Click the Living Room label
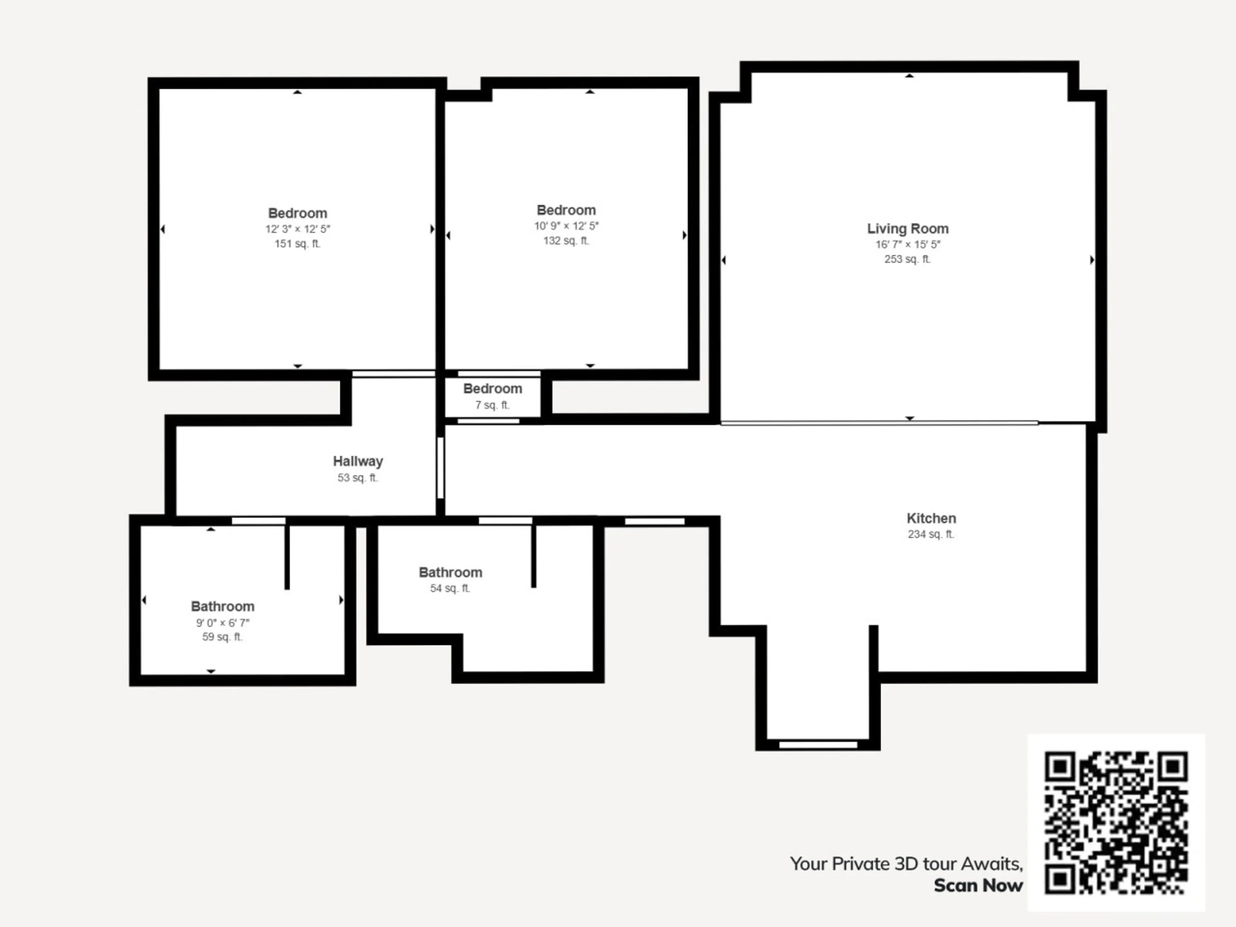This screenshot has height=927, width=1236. [x=907, y=229]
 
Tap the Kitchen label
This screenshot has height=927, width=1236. [x=931, y=518]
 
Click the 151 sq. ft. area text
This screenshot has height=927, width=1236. [x=297, y=244]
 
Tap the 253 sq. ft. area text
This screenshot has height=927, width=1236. [x=907, y=259]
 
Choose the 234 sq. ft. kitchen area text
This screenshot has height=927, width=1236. [x=931, y=534]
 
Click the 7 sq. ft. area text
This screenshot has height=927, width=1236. [x=492, y=405]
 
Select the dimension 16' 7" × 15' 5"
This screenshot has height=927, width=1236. [x=907, y=244]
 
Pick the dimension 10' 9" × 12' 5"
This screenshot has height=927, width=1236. [x=566, y=226]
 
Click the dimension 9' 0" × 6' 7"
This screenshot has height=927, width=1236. [x=222, y=623]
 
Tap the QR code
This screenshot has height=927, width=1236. [x=1116, y=822]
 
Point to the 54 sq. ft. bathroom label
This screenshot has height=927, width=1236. [x=450, y=572]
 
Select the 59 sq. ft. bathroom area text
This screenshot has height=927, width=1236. [x=222, y=637]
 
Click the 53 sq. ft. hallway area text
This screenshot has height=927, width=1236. [x=358, y=478]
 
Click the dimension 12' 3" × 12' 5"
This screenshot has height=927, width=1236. [x=297, y=229]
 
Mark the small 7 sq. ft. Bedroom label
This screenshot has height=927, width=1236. [x=492, y=389]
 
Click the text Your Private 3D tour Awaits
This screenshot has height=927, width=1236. [x=906, y=864]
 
